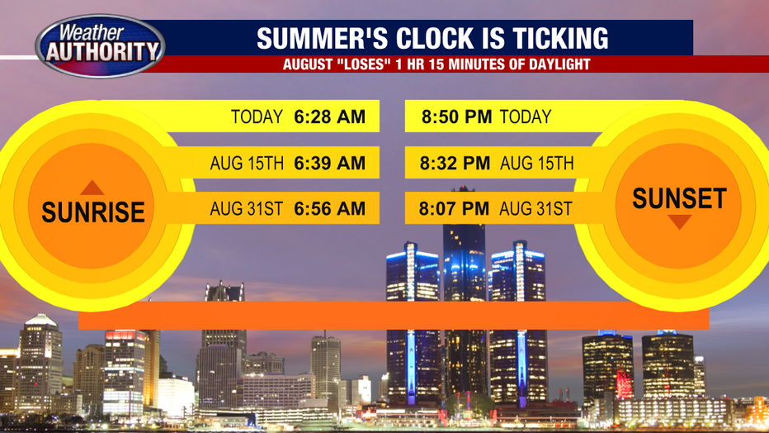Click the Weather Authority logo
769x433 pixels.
coord(100,45)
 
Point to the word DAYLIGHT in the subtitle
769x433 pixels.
coord(559,64)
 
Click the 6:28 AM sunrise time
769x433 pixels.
coord(329,117)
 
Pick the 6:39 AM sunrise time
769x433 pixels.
coord(329,163)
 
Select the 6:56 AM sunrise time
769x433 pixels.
coord(329,208)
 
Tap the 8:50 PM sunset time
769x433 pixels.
coord(456,117)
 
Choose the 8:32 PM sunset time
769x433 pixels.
coord(455,163)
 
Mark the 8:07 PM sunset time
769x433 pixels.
coord(454,208)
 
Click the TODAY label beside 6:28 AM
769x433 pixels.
coord(257,117)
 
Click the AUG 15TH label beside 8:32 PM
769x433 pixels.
coord(537,163)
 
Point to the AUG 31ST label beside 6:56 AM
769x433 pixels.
coord(247,208)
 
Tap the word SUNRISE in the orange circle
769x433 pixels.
coord(93,212)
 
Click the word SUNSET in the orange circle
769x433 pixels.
coord(679,198)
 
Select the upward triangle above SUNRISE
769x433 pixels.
coord(92,188)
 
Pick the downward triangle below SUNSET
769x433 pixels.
coord(679,222)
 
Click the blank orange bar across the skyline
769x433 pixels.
coord(394,315)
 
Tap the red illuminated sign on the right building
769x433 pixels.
coord(625,383)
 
